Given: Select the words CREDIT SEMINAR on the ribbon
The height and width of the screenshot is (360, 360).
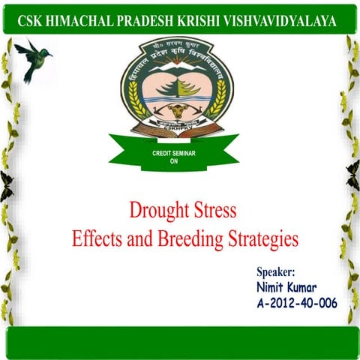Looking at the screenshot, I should (174, 154).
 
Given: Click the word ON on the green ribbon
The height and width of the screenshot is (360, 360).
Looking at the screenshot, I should (174, 160).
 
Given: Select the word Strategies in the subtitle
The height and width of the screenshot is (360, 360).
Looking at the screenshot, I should (259, 239).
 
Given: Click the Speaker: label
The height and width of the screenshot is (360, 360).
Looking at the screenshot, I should (277, 273).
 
